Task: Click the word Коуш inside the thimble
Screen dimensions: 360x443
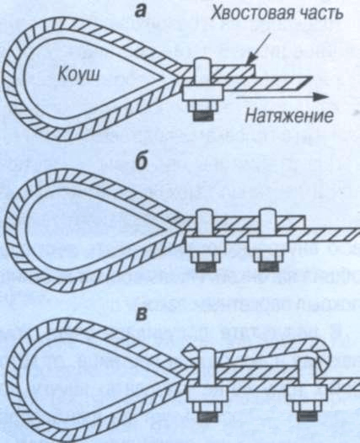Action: (x=79, y=75)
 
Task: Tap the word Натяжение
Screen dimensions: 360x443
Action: (x=289, y=115)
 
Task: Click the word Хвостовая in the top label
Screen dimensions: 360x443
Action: (x=250, y=14)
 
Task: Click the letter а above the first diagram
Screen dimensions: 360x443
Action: (x=141, y=11)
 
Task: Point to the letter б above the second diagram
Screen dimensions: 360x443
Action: (x=142, y=163)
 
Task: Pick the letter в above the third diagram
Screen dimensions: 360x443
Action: (x=142, y=315)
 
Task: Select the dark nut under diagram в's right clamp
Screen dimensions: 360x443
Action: (x=308, y=416)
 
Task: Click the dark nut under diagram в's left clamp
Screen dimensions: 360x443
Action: (x=207, y=416)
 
